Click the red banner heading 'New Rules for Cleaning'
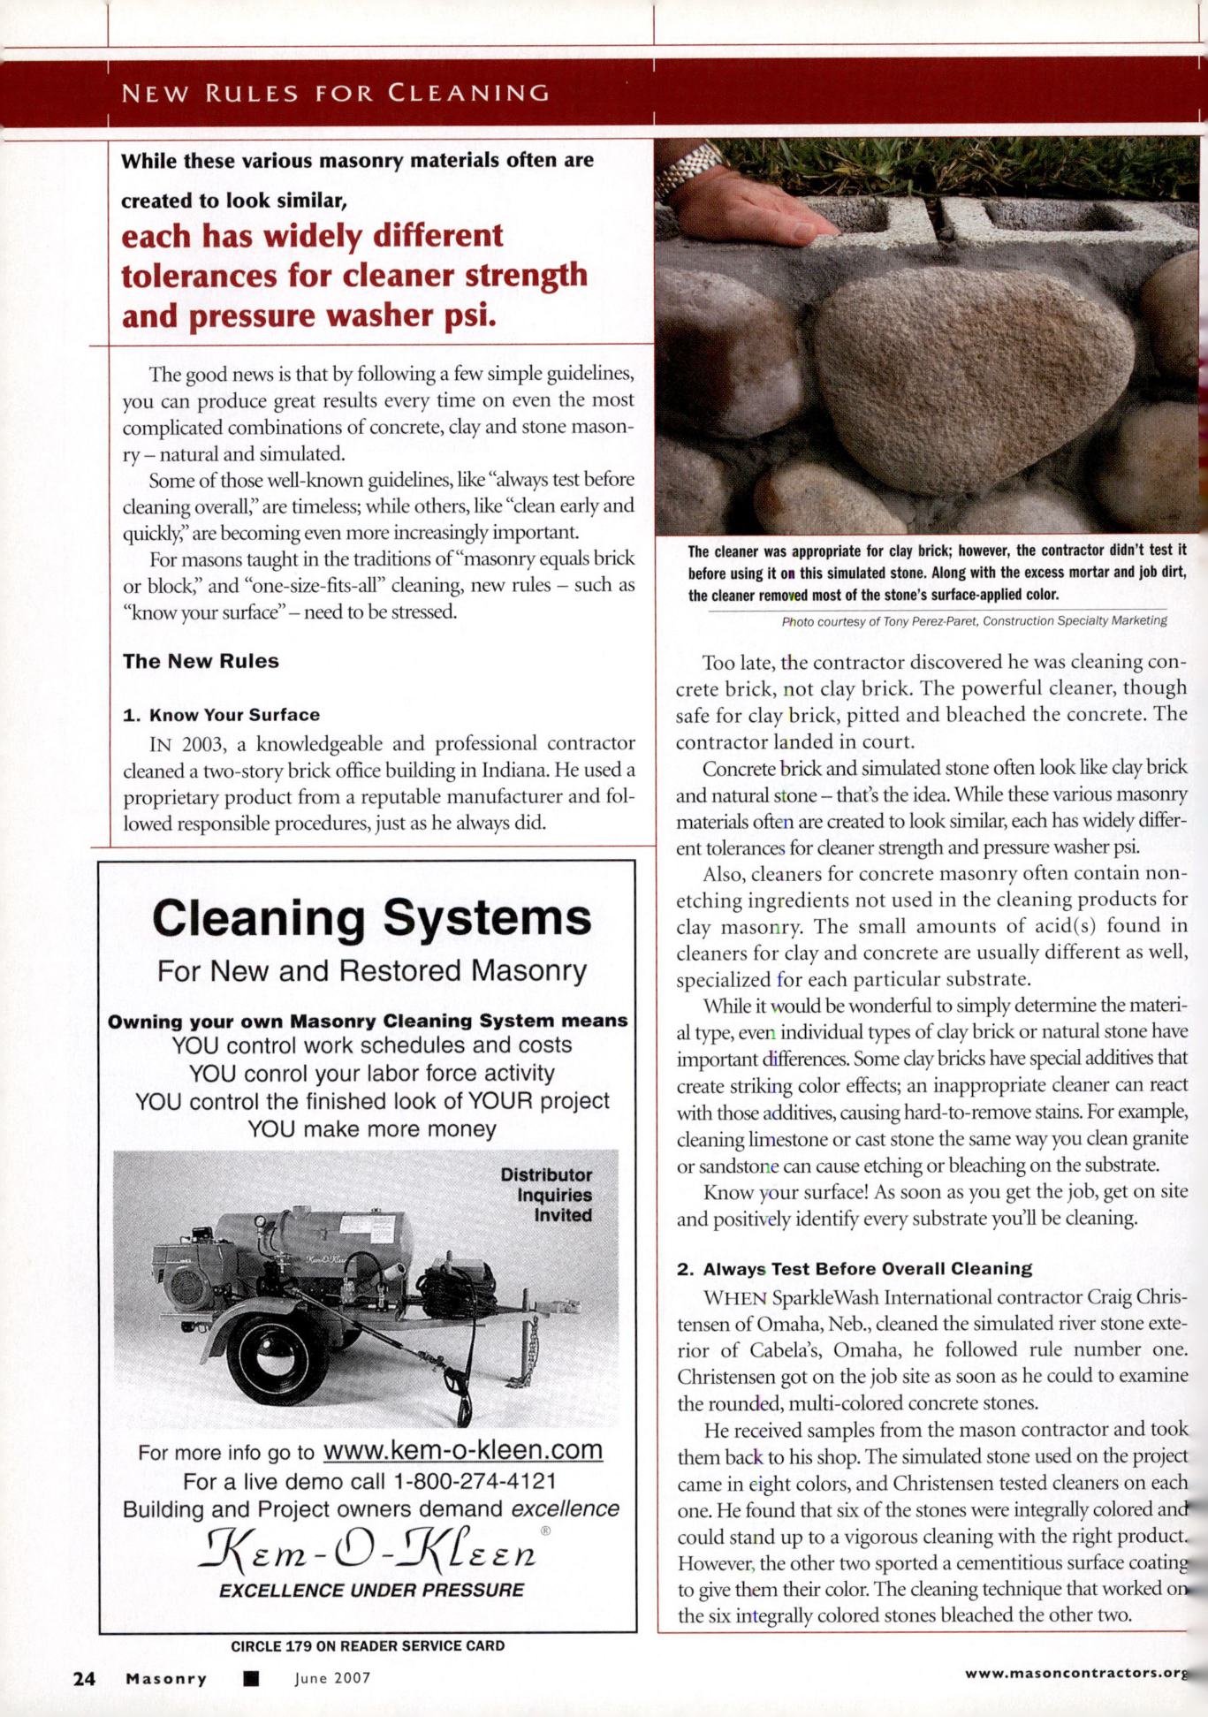(x=335, y=93)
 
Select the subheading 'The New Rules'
(x=201, y=661)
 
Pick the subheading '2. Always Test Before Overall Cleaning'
(x=855, y=1269)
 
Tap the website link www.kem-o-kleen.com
(x=463, y=1450)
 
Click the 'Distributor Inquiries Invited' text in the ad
(x=546, y=1195)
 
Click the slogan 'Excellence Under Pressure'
(x=371, y=1591)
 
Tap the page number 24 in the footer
(x=84, y=1678)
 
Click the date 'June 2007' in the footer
(x=332, y=1678)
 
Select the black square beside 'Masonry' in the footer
(x=251, y=1678)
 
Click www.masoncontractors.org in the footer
(x=1074, y=1673)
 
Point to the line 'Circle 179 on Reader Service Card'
(x=368, y=1646)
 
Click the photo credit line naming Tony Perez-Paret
(x=974, y=621)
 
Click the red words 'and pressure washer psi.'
(x=308, y=316)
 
